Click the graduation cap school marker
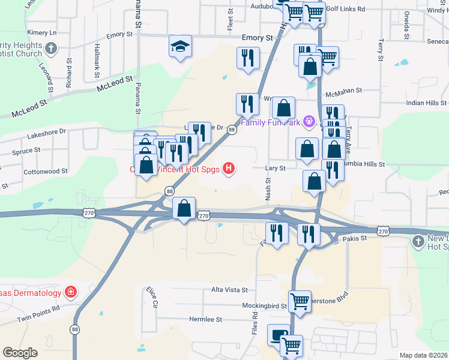[179, 47]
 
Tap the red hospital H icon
[228, 169]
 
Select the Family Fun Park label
[270, 123]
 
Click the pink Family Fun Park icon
[309, 122]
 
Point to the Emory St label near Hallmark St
[119, 35]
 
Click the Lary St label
[276, 169]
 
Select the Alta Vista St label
[229, 290]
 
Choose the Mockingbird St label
[265, 305]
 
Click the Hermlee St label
[206, 320]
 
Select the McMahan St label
[343, 92]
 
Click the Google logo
[20, 353]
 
